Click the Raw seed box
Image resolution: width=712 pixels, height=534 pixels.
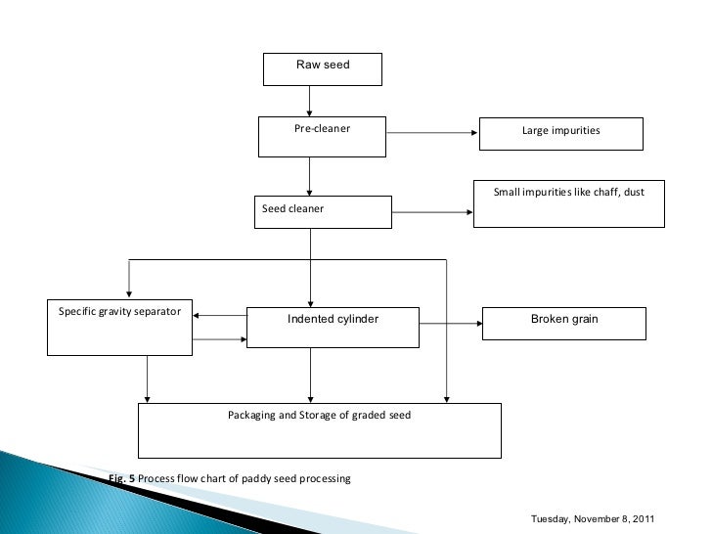[x=322, y=68]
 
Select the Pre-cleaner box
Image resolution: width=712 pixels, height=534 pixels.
[x=322, y=136]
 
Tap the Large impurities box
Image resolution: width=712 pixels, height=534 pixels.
[x=560, y=133]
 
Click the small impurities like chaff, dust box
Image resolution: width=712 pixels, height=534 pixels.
[x=568, y=203]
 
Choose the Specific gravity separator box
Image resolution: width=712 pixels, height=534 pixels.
[x=120, y=327]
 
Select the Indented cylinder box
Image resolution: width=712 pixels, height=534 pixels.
[x=333, y=327]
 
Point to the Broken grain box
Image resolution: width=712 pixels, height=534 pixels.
[x=564, y=324]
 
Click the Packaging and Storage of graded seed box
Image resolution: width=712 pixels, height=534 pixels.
[x=319, y=430]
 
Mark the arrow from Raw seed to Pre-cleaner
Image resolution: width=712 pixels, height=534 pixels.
[x=310, y=101]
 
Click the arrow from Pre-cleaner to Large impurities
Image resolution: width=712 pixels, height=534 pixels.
[x=431, y=132]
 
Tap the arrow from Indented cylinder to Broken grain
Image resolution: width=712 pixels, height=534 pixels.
[x=450, y=323]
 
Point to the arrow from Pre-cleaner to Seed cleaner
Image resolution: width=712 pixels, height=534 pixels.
[x=310, y=176]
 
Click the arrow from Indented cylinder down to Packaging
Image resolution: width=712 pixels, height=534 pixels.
[x=311, y=375]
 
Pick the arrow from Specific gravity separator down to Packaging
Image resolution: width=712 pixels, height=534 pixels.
[x=148, y=378]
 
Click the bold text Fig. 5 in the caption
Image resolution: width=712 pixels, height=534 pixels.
[x=122, y=478]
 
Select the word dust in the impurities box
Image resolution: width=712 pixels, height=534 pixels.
[x=634, y=192]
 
